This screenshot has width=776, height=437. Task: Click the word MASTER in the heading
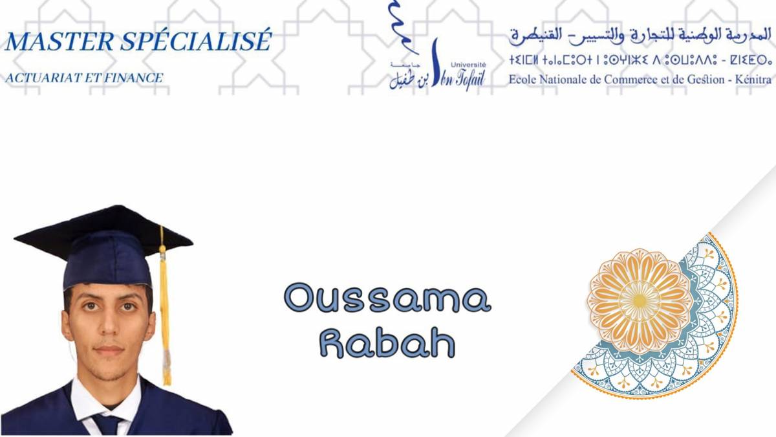click(59, 41)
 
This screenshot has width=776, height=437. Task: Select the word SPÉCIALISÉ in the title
click(196, 40)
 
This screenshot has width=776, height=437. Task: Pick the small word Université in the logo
click(468, 65)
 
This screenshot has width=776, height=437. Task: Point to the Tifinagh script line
click(640, 60)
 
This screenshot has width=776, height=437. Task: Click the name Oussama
click(387, 298)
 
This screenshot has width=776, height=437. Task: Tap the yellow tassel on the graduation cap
click(165, 312)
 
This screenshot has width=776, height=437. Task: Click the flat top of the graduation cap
click(103, 229)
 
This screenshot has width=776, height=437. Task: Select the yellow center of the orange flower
click(639, 300)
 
